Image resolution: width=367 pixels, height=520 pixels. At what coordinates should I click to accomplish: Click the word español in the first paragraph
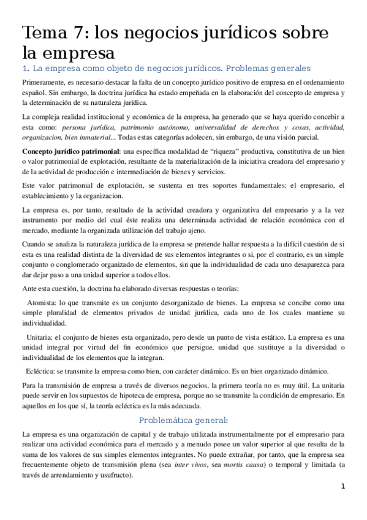(34, 92)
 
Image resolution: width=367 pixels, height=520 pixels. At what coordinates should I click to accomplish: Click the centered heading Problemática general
(183, 420)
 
